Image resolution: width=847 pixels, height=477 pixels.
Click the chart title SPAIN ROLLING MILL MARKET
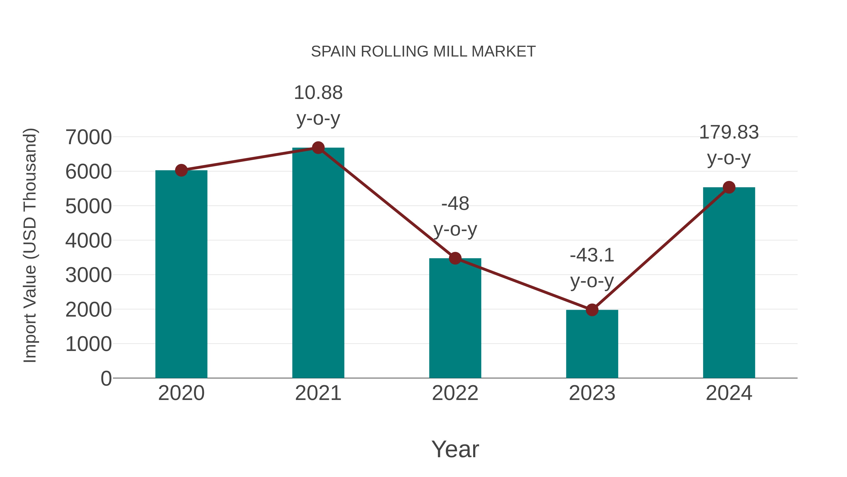point(423,52)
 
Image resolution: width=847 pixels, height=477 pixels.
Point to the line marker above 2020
point(181,171)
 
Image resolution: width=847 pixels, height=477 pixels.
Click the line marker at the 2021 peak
point(318,148)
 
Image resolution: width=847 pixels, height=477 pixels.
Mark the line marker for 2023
point(592,310)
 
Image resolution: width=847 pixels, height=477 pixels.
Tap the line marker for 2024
point(729,187)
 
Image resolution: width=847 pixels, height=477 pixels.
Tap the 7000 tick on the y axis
point(88,137)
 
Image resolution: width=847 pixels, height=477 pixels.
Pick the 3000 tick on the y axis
point(88,275)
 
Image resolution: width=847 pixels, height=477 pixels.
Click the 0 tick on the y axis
point(106,379)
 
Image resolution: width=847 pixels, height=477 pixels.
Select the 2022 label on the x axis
point(455,393)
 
